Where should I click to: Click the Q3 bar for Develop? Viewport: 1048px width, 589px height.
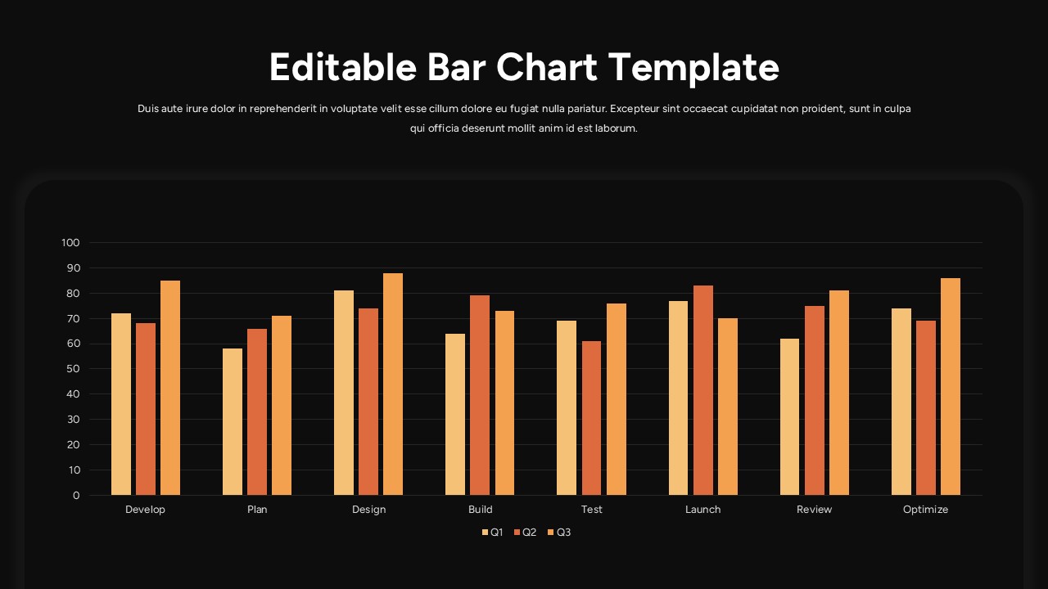(x=170, y=388)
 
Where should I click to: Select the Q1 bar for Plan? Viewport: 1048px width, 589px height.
(x=233, y=422)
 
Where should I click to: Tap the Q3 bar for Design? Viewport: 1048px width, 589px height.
(x=393, y=384)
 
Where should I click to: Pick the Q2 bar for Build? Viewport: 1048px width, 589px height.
(x=480, y=395)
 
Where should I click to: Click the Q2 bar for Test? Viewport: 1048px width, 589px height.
(x=591, y=418)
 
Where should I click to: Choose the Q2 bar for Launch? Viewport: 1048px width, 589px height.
(x=703, y=390)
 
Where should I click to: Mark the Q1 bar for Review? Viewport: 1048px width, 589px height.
(x=790, y=416)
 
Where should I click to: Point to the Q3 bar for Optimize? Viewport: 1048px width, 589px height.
(x=951, y=386)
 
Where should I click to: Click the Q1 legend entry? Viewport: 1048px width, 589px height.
(x=492, y=533)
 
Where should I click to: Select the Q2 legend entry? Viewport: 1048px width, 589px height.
(x=525, y=533)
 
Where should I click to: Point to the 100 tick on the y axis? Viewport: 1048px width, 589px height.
(x=70, y=243)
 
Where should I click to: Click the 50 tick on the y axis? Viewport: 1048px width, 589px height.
(x=73, y=369)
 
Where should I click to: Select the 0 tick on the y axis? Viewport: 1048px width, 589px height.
(x=76, y=496)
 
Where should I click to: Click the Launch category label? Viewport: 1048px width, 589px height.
(x=703, y=510)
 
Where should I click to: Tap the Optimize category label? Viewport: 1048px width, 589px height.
(x=925, y=510)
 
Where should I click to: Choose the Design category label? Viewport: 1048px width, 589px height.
(x=368, y=510)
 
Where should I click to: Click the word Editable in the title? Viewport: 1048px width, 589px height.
(x=343, y=67)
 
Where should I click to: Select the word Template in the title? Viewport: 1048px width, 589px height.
(x=693, y=67)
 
